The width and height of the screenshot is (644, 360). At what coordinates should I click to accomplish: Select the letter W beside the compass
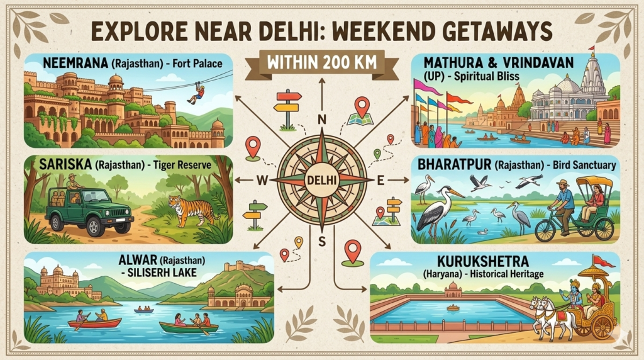click(x=263, y=181)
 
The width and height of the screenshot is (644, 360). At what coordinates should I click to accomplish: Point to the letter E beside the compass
click(x=379, y=181)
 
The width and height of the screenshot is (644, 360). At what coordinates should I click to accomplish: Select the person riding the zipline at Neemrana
click(x=197, y=93)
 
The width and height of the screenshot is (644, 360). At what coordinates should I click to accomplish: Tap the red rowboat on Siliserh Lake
click(x=94, y=323)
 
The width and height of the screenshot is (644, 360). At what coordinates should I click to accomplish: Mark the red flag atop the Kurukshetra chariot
click(x=603, y=260)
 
